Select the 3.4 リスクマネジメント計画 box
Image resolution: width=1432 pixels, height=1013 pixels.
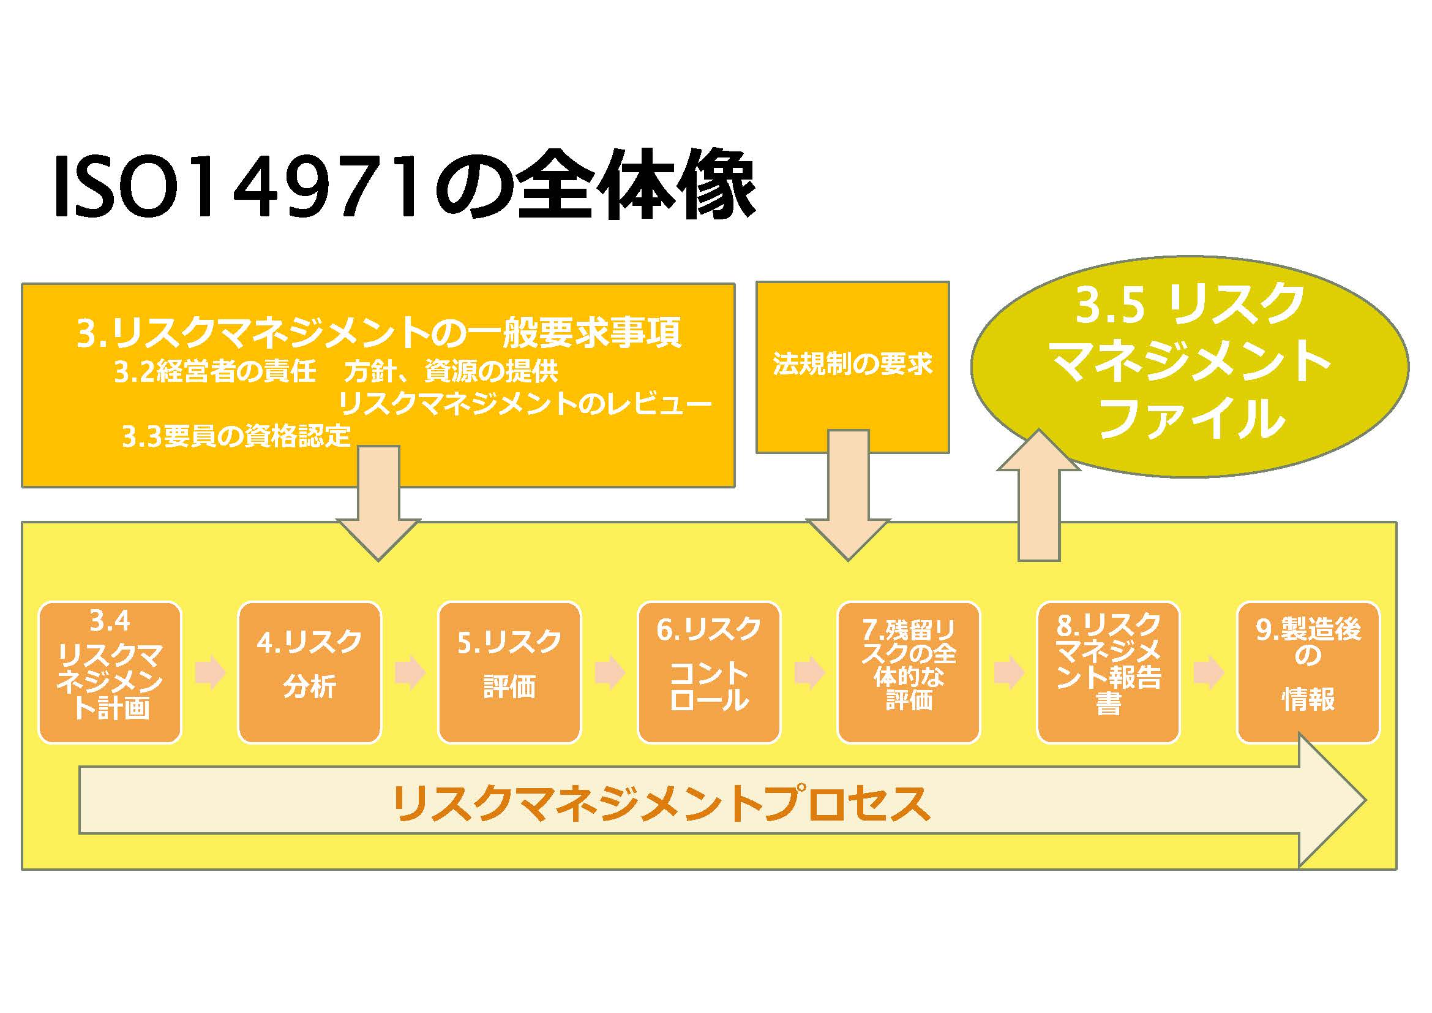110,672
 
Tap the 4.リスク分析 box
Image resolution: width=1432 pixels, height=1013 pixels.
309,672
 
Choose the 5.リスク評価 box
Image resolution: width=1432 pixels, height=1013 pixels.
509,672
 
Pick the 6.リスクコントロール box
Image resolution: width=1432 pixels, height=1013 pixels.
708,672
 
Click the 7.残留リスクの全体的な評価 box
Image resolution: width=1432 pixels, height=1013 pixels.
908,672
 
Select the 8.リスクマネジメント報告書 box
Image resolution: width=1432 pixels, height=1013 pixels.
1108,672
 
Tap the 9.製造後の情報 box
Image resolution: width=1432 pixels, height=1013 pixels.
1308,672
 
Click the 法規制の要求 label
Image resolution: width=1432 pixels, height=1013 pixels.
852,364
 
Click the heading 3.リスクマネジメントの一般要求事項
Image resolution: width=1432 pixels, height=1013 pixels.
378,333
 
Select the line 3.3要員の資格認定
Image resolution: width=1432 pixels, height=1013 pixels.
236,436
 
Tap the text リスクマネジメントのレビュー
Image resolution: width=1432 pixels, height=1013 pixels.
524,404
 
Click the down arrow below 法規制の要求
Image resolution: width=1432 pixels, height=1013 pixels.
848,499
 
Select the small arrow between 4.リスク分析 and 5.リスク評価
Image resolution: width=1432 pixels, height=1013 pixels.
410,673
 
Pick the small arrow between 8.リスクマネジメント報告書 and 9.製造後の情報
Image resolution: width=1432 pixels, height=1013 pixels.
1208,673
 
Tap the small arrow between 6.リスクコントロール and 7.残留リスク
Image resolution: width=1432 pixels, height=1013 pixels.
809,673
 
